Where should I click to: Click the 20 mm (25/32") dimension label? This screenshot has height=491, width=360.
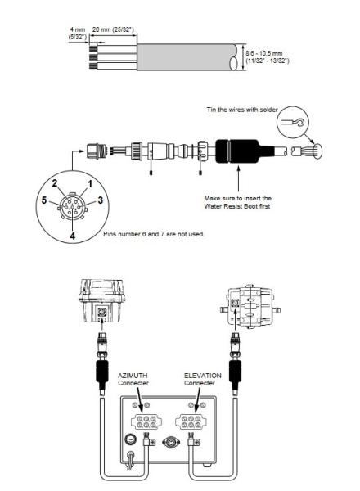pos(113,29)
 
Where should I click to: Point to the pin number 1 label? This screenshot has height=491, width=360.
pos(90,184)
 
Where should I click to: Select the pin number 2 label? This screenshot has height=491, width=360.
pos(55,183)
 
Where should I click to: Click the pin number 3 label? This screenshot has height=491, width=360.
pos(100,200)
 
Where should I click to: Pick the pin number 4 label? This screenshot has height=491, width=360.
pos(72,236)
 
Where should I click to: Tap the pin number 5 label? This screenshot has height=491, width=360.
pos(44,200)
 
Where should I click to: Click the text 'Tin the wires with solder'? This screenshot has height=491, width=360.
pos(242,110)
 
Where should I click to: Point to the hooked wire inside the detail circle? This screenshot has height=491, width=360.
pos(293,122)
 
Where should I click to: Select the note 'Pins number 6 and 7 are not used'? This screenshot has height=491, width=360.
pos(154,234)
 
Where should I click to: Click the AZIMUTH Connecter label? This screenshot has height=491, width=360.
pos(133,379)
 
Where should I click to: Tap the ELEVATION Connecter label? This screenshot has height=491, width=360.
pos(203,379)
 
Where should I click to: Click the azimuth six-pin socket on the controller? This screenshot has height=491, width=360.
pos(146,421)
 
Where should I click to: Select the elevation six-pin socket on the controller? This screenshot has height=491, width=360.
pos(191,421)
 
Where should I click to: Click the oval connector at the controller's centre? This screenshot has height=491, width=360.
pos(171,443)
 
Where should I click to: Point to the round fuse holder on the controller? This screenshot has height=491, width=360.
pos(130,439)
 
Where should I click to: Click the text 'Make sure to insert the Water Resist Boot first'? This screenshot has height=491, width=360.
pos(237,202)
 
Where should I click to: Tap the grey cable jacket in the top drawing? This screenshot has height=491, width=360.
pos(187,57)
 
